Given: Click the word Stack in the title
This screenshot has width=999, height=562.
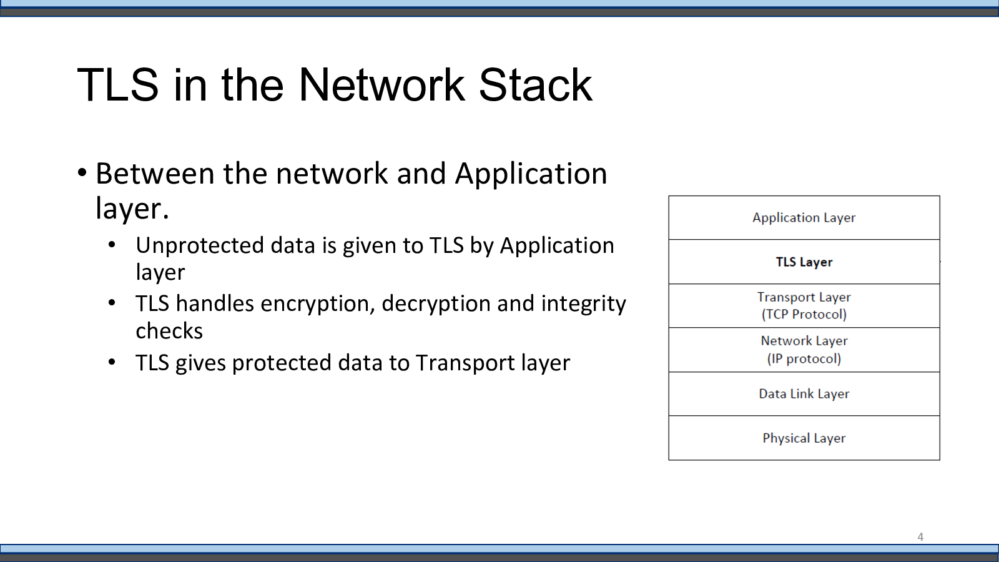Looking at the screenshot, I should tap(535, 85).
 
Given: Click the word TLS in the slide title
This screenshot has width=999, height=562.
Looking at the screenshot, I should tap(118, 85).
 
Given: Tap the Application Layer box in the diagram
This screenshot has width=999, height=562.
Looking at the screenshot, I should tap(804, 218).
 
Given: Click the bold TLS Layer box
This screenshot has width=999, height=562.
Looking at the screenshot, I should tap(804, 262).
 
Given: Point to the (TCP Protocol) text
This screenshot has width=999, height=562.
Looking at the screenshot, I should tap(804, 314).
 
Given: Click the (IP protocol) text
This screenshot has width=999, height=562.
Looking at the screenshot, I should tap(804, 359).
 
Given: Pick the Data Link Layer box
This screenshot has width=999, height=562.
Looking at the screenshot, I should tap(804, 394).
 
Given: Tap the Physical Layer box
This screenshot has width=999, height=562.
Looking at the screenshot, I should tap(804, 438).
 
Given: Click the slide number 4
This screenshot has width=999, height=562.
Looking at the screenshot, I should tap(920, 537).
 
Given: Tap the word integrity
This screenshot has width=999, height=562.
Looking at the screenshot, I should tap(583, 304).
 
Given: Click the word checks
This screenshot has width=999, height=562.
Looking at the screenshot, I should tap(169, 331).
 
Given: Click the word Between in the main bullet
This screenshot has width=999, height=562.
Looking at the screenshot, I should tap(154, 174).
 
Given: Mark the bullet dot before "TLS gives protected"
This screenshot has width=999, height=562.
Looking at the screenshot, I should tap(112, 362).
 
